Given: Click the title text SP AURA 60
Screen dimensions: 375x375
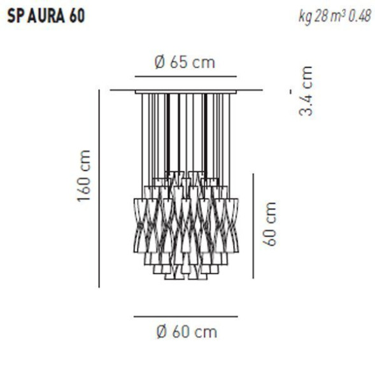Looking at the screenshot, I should point(45,16).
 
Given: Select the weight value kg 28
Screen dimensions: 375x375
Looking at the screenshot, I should point(311,16).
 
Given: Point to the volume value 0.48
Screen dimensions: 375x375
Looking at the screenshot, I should point(358,16).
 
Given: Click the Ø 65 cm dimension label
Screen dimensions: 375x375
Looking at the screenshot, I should point(185,62).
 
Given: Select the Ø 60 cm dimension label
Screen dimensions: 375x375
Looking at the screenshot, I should point(186,331).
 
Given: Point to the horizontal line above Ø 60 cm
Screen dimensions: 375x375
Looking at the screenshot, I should point(185,316).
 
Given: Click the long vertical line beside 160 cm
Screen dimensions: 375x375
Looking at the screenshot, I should point(99,188).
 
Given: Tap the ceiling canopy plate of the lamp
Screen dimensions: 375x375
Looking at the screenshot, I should point(185,91).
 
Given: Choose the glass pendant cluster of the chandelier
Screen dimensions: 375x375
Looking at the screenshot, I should point(185,226).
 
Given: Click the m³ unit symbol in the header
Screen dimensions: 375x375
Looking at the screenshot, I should point(337,16).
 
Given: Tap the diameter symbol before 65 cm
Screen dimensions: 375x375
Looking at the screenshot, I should point(160,62).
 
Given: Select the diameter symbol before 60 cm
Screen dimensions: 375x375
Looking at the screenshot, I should point(162,331).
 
